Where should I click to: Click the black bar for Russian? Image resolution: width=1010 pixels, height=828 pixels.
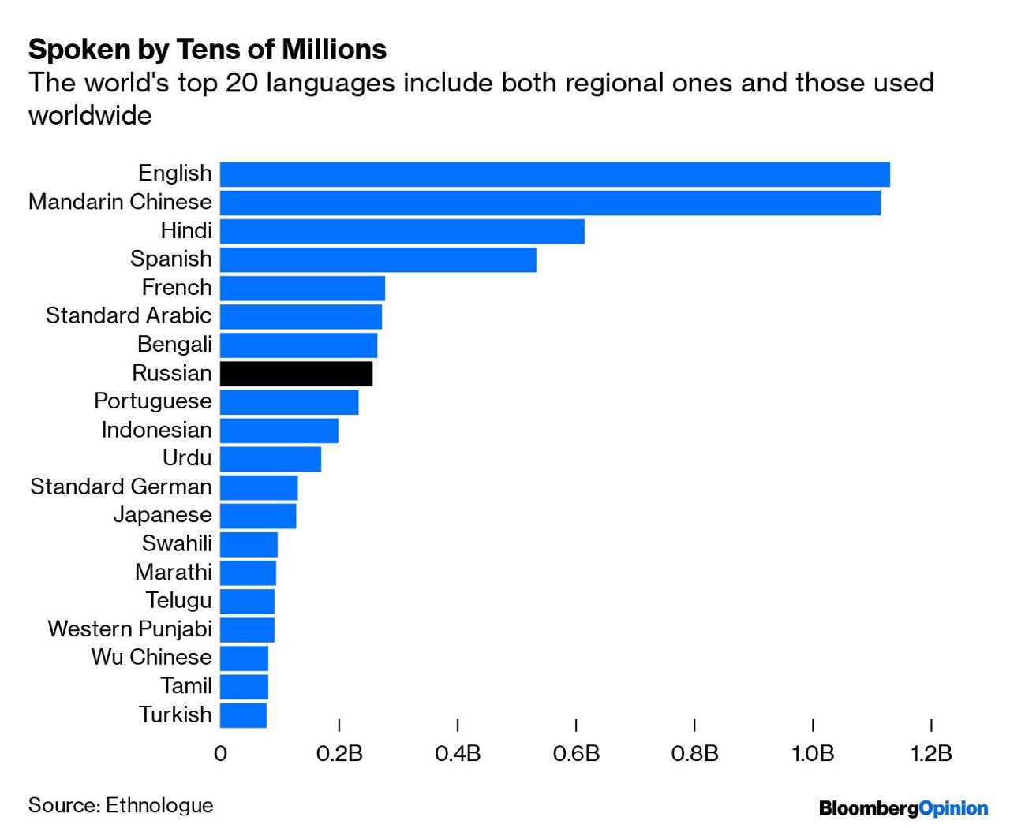click(x=296, y=373)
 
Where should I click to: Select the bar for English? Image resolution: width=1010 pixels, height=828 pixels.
click(x=555, y=174)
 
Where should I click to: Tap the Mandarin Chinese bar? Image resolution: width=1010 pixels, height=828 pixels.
click(x=550, y=203)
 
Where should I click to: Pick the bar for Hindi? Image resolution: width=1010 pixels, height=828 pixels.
click(x=402, y=231)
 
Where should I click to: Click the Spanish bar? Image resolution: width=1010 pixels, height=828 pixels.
click(x=378, y=259)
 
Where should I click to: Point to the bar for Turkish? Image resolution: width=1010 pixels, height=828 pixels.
click(x=243, y=715)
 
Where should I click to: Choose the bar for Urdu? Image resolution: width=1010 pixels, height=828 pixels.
click(x=271, y=459)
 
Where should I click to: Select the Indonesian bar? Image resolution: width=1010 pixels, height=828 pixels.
click(x=279, y=431)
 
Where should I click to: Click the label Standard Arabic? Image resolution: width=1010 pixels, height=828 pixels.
click(x=129, y=315)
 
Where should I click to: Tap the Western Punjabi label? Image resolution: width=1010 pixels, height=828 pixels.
click(x=130, y=628)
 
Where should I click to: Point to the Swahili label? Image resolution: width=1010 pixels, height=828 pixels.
click(x=177, y=543)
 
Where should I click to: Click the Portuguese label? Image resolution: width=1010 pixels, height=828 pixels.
click(x=153, y=401)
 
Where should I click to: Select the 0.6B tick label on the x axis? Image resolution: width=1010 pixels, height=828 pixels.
click(x=576, y=754)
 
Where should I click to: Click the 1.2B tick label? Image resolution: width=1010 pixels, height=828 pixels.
click(x=931, y=754)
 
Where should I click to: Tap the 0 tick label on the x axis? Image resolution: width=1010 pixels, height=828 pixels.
click(x=220, y=754)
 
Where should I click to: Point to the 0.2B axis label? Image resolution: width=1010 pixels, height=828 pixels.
click(x=339, y=754)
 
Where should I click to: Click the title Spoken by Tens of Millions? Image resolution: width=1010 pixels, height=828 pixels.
click(x=208, y=50)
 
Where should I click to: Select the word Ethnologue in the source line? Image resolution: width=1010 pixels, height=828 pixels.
click(x=159, y=805)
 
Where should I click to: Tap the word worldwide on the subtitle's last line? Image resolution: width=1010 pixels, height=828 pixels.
click(x=90, y=116)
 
